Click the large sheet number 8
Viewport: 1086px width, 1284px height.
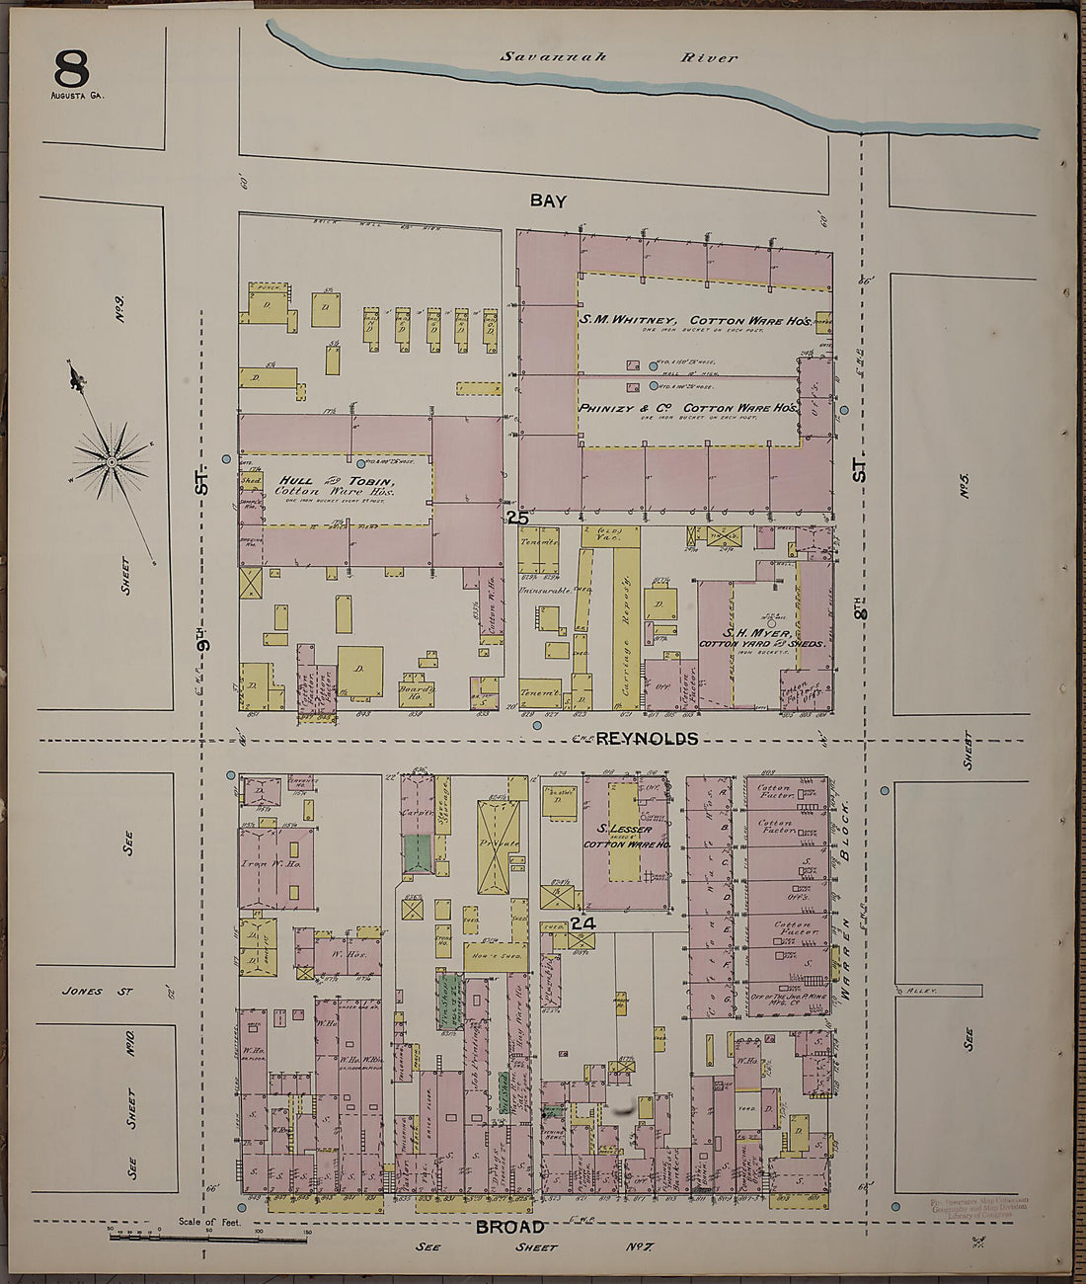71,68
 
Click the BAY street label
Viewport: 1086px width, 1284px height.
548,201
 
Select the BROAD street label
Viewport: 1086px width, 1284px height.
510,1227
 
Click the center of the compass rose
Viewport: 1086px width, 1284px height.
112,460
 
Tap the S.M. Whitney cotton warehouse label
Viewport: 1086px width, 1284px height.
695,320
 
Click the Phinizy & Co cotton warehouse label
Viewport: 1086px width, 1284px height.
688,407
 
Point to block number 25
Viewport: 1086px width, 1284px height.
517,518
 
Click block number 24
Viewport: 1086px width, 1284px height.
583,923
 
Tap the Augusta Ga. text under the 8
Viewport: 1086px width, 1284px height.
76,96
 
